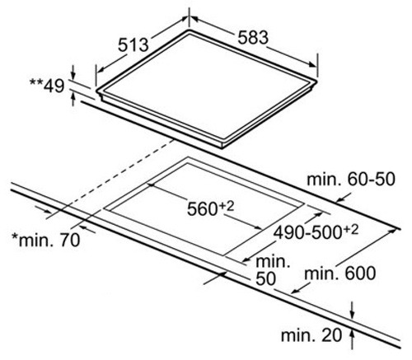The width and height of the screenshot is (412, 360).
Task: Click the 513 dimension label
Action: point(133,45)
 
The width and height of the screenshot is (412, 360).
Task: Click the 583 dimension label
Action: point(253,37)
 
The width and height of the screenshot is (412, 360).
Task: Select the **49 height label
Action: point(47,86)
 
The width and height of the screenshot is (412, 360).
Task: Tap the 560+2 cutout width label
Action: point(210,208)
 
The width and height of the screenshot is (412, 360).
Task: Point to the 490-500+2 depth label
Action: point(316,232)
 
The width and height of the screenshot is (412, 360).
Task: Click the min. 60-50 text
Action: point(351,179)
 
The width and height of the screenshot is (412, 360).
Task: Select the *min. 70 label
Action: point(46,240)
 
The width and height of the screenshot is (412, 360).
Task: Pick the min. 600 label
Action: point(340,274)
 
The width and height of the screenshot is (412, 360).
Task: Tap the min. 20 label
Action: point(311,335)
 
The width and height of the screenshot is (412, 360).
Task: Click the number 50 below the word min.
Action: point(265,279)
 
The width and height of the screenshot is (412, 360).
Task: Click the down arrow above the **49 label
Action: point(73,72)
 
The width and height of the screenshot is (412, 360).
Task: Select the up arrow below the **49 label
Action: point(73,100)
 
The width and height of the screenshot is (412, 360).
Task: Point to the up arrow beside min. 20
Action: point(353,339)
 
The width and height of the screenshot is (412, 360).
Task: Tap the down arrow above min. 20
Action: point(353,311)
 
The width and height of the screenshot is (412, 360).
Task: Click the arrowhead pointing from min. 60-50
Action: point(340,199)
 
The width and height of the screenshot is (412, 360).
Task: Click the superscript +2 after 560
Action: point(227,205)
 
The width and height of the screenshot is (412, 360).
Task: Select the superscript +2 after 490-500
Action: point(351,230)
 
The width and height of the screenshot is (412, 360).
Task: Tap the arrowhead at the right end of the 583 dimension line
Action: point(312,64)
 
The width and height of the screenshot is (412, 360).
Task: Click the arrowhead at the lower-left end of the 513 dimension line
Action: point(101,69)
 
